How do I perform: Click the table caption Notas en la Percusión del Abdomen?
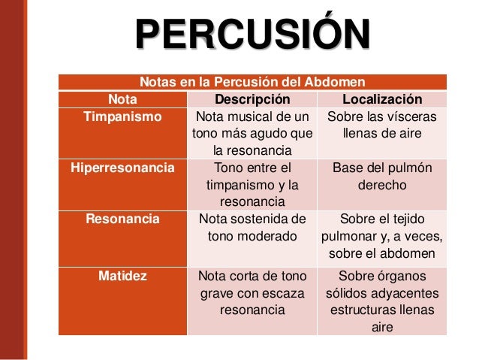252,81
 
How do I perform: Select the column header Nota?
122,99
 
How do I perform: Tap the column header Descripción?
252,99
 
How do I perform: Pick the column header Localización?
382,99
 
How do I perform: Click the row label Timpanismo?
122,117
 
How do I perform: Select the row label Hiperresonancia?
122,168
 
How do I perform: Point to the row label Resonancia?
122,219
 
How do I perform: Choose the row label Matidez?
122,275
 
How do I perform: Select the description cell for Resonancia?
252,228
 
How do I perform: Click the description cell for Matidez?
252,292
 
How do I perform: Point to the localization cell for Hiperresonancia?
382,177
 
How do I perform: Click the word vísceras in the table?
413,117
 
